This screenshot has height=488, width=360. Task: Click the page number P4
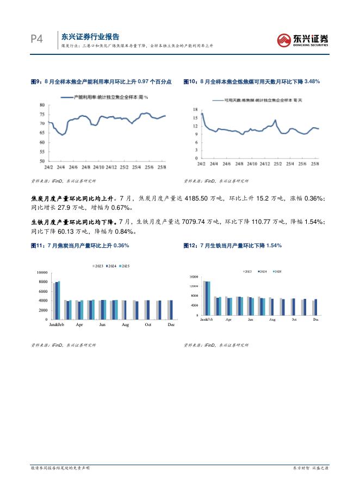pos(36,39)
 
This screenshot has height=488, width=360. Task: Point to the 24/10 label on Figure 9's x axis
pos(99,167)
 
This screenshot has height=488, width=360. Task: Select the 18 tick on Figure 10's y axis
pos(195,110)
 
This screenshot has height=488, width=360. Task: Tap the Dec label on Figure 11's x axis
pos(171,324)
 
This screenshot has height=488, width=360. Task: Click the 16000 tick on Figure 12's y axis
pos(194,277)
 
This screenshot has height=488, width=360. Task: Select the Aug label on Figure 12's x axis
pos(272,320)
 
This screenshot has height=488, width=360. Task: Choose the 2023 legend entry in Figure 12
pos(247,270)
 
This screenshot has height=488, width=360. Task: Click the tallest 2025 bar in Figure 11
pos(59,301)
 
